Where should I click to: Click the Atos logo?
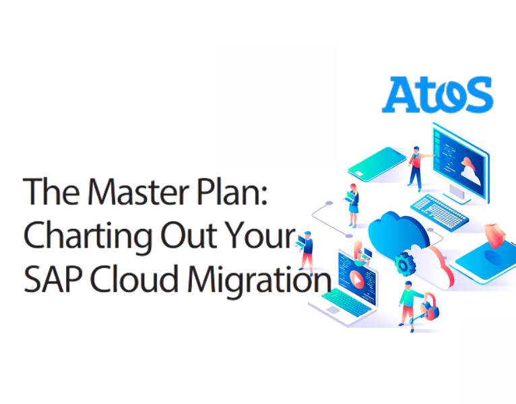pyautogui.click(x=437, y=94)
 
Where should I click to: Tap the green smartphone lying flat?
pyautogui.click(x=377, y=162)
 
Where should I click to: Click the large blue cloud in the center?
pyautogui.click(x=397, y=229)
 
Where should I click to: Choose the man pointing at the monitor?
pyautogui.click(x=417, y=166)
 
